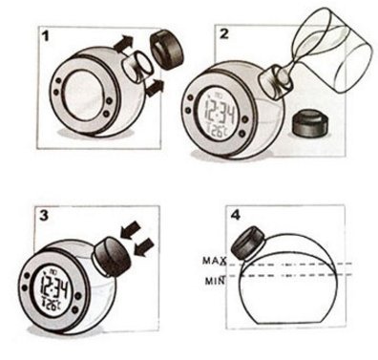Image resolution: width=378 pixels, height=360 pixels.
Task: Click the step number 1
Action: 46,36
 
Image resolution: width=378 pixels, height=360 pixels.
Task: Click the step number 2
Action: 224,33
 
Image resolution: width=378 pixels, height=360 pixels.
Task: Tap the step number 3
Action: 44,216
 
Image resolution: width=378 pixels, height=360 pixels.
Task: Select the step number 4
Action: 236,215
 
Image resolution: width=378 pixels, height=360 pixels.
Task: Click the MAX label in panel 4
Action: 215,261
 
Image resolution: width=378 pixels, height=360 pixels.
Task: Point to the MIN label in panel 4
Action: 215,281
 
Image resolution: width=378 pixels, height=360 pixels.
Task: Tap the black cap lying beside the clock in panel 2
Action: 310,123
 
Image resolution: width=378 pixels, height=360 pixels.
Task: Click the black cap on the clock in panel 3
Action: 112,256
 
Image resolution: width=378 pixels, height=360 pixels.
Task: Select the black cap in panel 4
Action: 248,243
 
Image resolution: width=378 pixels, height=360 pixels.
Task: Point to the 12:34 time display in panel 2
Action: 220,112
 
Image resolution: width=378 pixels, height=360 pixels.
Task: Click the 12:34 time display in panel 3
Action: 54,289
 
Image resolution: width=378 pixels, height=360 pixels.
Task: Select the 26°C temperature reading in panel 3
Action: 52,305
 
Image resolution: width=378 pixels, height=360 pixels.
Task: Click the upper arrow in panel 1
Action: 123,44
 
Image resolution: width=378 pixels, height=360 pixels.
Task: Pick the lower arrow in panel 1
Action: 155,88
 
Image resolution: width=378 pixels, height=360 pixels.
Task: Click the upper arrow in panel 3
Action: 131,230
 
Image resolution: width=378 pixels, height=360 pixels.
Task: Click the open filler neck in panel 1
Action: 137,67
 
